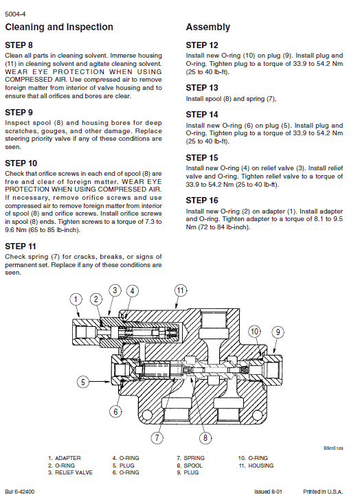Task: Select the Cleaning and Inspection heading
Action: [x=59, y=27]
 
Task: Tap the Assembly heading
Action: [x=208, y=27]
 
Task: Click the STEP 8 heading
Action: [x=19, y=45]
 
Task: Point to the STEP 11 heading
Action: [x=21, y=245]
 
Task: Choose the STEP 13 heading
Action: [x=202, y=88]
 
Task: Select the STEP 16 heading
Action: [x=202, y=201]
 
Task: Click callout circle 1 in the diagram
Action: [x=77, y=298]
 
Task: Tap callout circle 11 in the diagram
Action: [x=180, y=290]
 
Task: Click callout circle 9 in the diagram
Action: [x=278, y=332]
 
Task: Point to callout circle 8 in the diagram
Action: [x=204, y=437]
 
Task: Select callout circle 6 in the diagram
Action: [x=116, y=411]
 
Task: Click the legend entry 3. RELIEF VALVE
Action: [x=70, y=472]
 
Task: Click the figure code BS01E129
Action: [x=334, y=448]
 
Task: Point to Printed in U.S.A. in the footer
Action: [x=322, y=492]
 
